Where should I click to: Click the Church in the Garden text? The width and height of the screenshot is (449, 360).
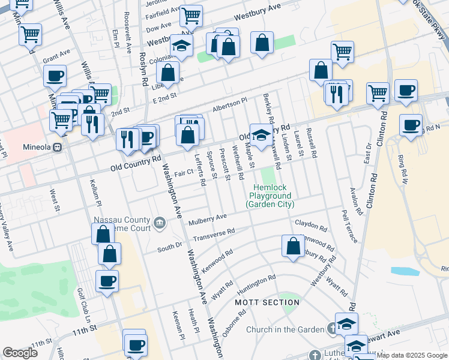pyautogui.click(x=285, y=329)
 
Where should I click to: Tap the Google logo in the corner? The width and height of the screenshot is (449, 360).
pyautogui.click(x=20, y=353)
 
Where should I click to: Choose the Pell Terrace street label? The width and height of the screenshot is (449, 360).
pyautogui.click(x=349, y=226)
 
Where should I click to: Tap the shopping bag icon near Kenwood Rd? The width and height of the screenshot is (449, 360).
pyautogui.click(x=292, y=246)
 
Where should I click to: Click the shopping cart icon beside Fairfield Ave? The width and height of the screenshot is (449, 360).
pyautogui.click(x=191, y=15)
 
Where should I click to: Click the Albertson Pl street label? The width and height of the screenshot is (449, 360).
pyautogui.click(x=229, y=105)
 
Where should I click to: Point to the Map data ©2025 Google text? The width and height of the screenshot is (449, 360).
pyautogui.click(x=412, y=355)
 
